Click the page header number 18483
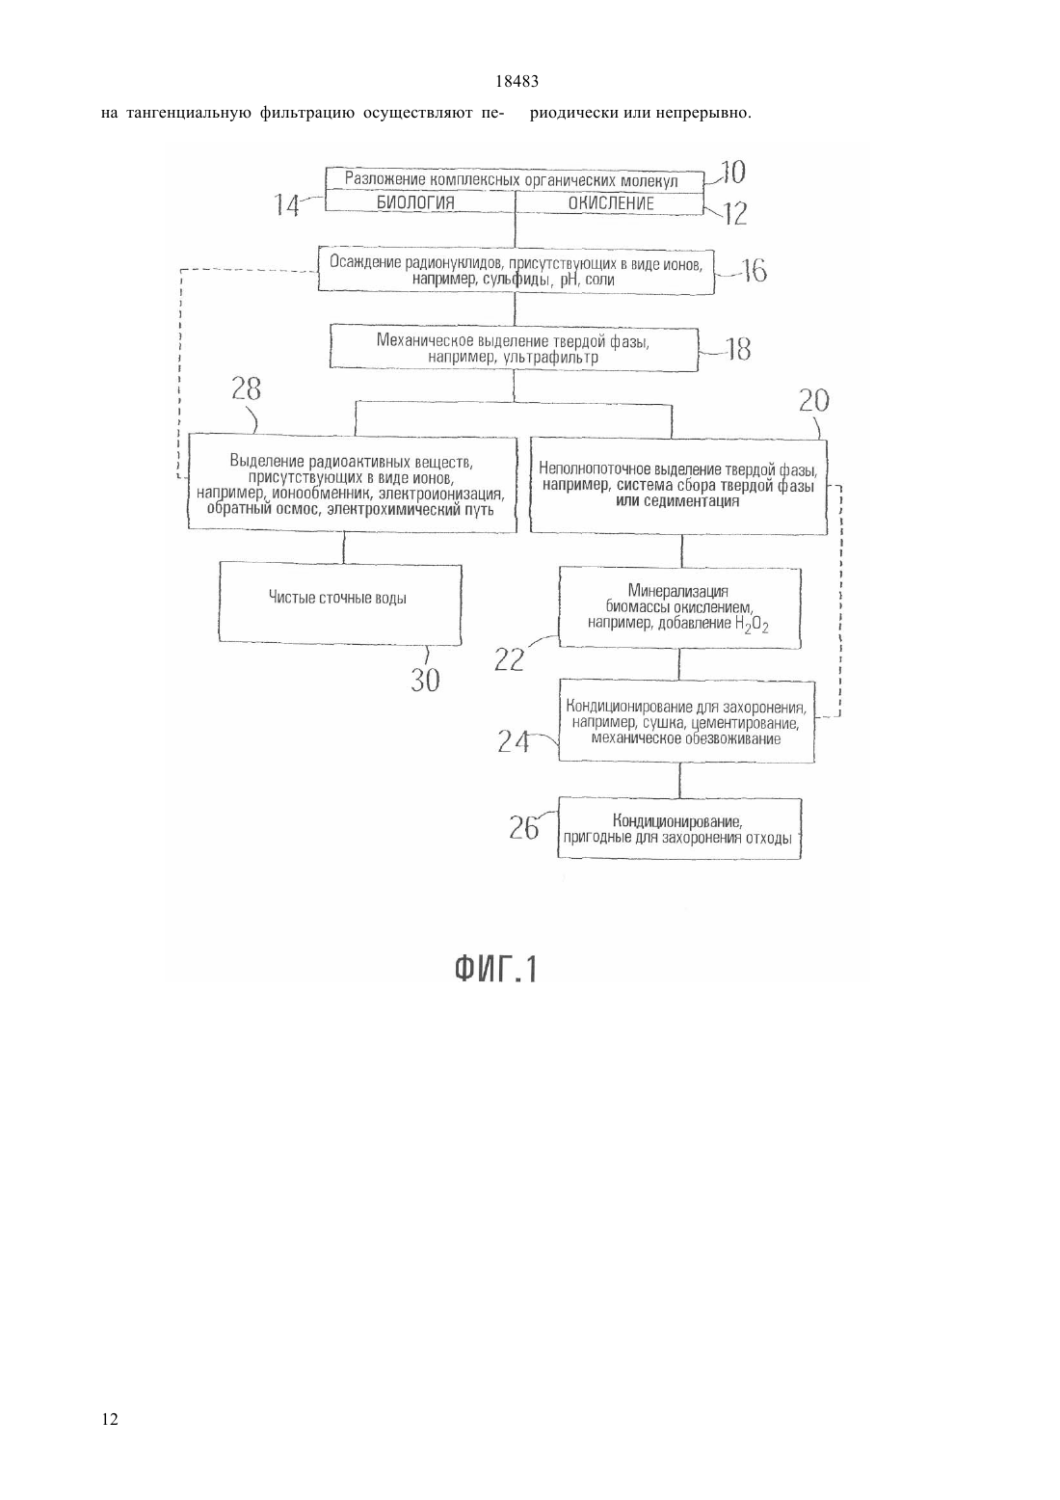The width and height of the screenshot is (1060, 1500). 517,82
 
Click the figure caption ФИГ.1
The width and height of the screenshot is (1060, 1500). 496,969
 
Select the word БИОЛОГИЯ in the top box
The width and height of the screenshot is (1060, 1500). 415,202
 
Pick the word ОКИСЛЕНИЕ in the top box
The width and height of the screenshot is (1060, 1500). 611,203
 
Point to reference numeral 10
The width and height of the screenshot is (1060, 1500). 733,173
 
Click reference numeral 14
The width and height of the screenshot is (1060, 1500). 286,204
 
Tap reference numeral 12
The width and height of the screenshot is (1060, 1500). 734,214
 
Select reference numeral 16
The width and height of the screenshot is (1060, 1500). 755,271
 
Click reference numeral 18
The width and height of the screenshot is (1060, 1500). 738,349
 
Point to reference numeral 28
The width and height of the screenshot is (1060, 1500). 247,388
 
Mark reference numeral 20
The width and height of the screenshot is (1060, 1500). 813,400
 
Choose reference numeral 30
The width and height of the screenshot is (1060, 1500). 425,681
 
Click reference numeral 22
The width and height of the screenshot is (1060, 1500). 509,660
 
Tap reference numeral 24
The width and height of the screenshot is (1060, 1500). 514,741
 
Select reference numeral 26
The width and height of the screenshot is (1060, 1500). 524,828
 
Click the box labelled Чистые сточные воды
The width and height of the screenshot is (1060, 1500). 340,603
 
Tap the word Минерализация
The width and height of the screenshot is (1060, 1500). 677,591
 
